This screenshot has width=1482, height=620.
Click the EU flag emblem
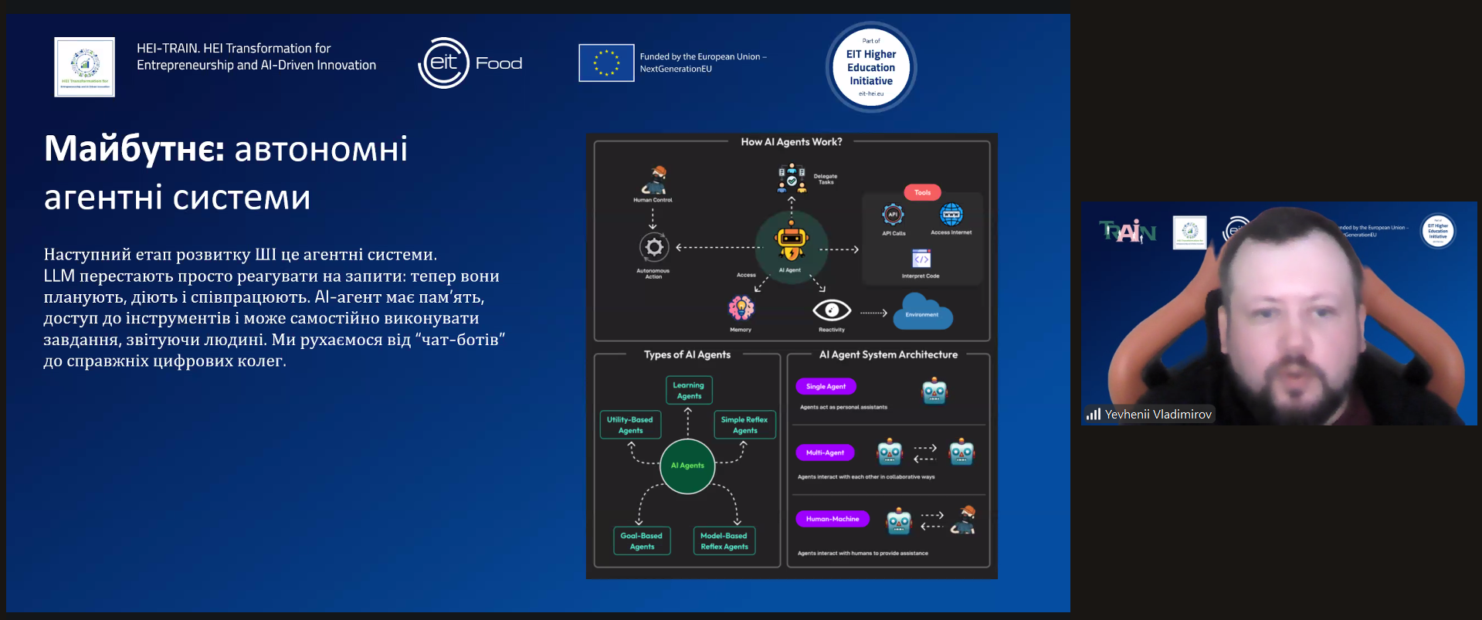point(606,63)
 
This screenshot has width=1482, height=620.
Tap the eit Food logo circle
point(444,63)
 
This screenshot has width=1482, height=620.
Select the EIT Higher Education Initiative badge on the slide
point(871,67)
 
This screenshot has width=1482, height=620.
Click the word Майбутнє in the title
point(134,148)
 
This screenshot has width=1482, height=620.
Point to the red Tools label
point(922,192)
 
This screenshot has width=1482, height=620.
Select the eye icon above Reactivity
point(832,310)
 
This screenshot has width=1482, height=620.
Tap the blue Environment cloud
point(922,313)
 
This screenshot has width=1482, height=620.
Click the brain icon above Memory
point(741,308)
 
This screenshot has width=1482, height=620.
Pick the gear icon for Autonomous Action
point(653,247)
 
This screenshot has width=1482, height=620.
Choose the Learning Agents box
point(688,390)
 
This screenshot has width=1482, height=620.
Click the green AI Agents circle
point(687,466)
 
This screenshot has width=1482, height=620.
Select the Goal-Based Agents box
point(642,540)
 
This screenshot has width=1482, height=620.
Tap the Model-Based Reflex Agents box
point(724,540)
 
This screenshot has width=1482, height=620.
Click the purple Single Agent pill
point(826,386)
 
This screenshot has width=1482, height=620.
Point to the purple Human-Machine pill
point(832,519)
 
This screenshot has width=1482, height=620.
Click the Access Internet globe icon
point(951,215)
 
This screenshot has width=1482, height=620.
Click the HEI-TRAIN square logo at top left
point(84,67)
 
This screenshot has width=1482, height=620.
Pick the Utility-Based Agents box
point(630,425)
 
